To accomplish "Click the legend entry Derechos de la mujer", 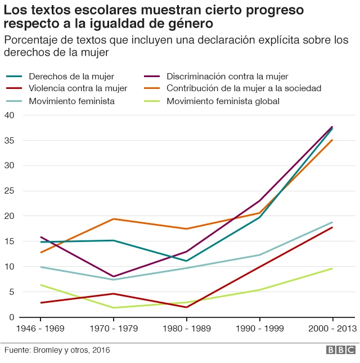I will click(x=71, y=76).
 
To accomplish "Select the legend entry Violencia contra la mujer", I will click(x=78, y=88).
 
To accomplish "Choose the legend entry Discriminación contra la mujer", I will click(x=227, y=76).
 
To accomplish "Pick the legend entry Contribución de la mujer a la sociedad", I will click(x=244, y=88).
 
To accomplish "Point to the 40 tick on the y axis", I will click(x=9, y=115).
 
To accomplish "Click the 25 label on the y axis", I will click(x=9, y=191).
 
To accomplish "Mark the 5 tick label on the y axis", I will click(x=11, y=292).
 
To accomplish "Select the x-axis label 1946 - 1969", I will click(x=40, y=328).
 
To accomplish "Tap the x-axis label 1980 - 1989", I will click(x=186, y=328).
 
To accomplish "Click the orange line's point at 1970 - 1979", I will click(x=114, y=219).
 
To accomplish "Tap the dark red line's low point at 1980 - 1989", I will click(x=186, y=307).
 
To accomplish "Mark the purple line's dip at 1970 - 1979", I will click(x=114, y=277).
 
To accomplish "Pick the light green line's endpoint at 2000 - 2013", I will click(x=332, y=268).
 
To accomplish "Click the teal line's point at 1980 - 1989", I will click(x=186, y=261).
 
